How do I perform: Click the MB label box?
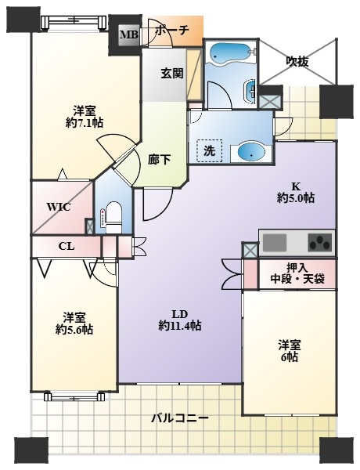[127, 34]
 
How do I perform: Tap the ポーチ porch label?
[171, 31]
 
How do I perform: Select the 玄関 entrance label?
[172, 74]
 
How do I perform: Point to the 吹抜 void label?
[297, 60]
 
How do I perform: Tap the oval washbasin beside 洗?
[251, 151]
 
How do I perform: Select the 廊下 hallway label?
[159, 159]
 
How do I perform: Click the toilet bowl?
[112, 215]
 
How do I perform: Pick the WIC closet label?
[59, 208]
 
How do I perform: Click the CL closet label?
[66, 246]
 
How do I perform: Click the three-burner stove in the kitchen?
[319, 243]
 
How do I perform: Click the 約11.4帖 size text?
[179, 325]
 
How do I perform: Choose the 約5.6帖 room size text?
[74, 330]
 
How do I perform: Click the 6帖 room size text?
[290, 357]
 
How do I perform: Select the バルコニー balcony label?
[180, 418]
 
